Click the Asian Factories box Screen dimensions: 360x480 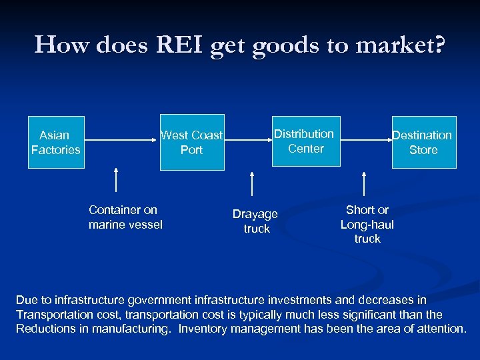click(x=56, y=143)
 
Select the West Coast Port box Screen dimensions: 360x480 click(x=191, y=143)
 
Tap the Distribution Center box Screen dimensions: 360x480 click(x=305, y=141)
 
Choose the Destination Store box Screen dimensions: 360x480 click(x=423, y=143)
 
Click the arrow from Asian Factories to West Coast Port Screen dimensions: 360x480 click(x=120, y=141)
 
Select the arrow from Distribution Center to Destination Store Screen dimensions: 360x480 click(x=364, y=141)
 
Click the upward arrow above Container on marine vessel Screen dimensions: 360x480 click(x=117, y=181)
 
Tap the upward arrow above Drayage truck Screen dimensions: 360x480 click(x=251, y=184)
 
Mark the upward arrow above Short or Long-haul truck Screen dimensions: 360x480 click(x=364, y=184)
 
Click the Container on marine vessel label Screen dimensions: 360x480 click(x=125, y=217)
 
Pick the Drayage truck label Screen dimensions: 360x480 click(x=256, y=221)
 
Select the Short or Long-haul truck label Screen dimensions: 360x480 click(x=367, y=224)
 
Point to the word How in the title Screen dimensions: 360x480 click(x=59, y=45)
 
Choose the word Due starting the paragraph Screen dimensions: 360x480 click(x=26, y=300)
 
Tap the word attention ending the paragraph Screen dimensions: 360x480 click(x=441, y=329)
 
